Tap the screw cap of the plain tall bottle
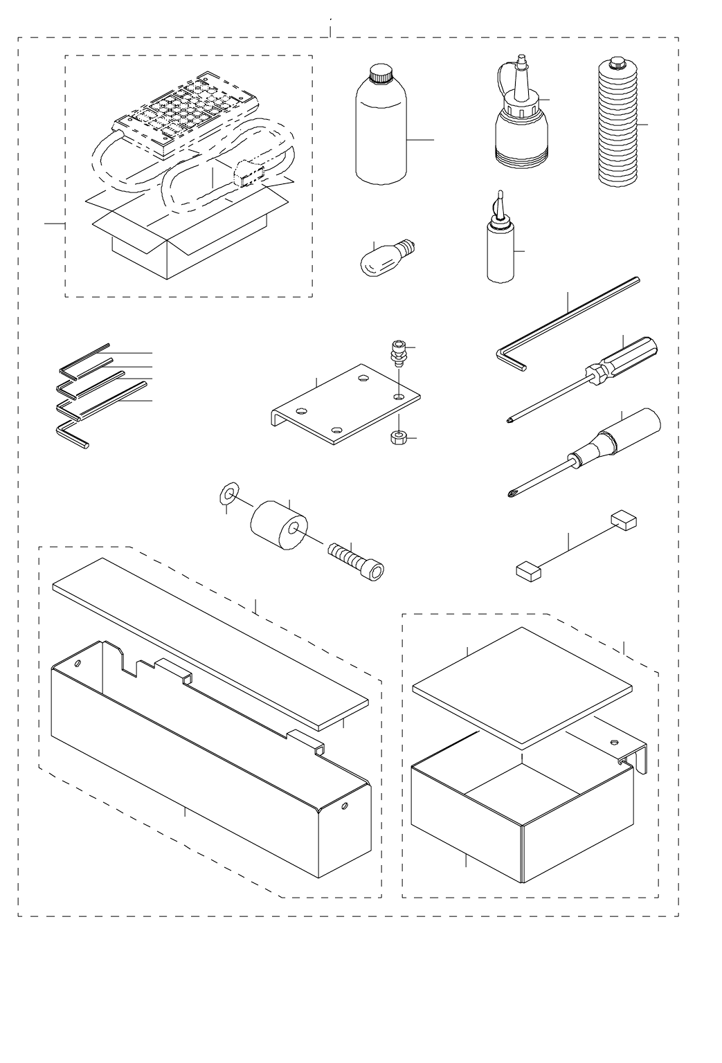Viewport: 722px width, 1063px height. pyautogui.click(x=381, y=73)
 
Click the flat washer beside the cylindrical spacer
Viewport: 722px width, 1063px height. pyautogui.click(x=228, y=493)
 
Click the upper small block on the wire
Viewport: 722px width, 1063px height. pyautogui.click(x=624, y=520)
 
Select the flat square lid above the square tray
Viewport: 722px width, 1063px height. pyautogui.click(x=522, y=683)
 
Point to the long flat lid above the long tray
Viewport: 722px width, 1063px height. pyautogui.click(x=208, y=642)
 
